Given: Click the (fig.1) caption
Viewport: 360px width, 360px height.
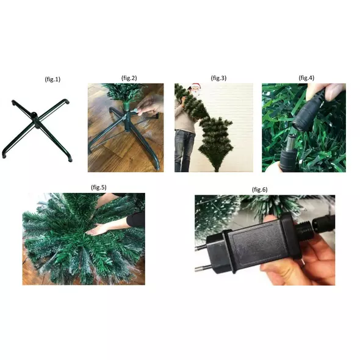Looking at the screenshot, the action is (52, 79).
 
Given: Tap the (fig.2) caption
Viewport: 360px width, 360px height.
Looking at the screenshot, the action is (129, 78).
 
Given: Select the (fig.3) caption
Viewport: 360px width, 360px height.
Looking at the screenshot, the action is (218, 78).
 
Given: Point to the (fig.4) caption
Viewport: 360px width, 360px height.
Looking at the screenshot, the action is (306, 78).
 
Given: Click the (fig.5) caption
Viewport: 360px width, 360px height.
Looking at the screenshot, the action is (99, 187).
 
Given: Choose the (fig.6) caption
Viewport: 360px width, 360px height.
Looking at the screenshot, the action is (260, 190).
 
